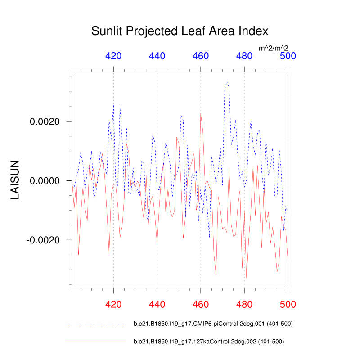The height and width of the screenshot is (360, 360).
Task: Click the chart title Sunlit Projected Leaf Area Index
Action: coord(180,31)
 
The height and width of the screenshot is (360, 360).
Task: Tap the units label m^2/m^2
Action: coord(274,47)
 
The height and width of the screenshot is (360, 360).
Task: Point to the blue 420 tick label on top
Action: coord(113,56)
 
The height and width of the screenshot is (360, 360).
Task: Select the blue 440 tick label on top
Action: coord(157,56)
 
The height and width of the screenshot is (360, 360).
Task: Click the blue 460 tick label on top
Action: coord(201,56)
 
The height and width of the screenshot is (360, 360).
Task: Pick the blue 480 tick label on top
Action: coord(244,56)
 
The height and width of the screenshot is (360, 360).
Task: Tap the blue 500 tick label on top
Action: coord(288,56)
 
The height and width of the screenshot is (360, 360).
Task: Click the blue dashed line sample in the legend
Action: coord(95,324)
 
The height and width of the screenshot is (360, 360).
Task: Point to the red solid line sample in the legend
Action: coord(95,342)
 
